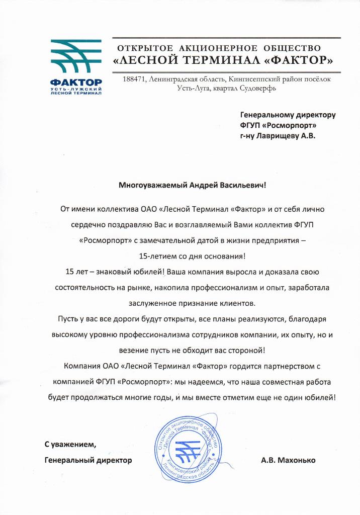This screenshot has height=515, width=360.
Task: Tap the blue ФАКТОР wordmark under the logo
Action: point(76,82)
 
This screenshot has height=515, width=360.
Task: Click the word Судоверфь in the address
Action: point(259,89)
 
